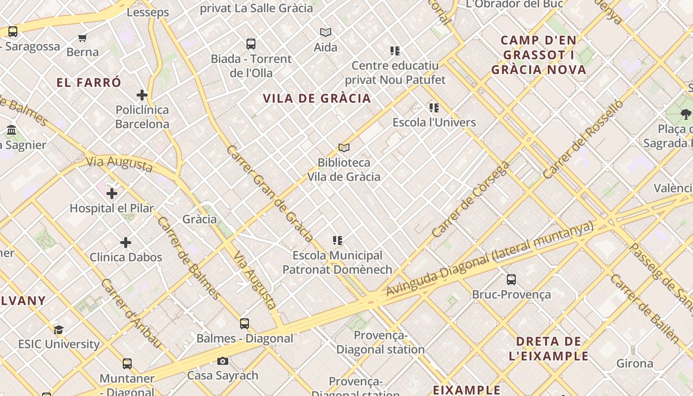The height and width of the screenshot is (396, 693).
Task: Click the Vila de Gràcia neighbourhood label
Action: pyautogui.click(x=317, y=98)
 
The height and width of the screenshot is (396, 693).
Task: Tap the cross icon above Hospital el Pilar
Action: pyautogui.click(x=112, y=193)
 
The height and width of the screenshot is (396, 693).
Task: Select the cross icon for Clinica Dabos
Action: pyautogui.click(x=126, y=243)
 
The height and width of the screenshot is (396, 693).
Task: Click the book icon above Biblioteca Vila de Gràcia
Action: pyautogui.click(x=344, y=148)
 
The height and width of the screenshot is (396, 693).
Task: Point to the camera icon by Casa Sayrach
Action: pyautogui.click(x=223, y=361)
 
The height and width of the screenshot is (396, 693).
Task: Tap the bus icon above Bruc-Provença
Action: pyautogui.click(x=511, y=280)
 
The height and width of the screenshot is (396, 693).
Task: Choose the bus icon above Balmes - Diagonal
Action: pyautogui.click(x=245, y=324)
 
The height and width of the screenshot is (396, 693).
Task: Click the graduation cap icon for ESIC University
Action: pyautogui.click(x=58, y=330)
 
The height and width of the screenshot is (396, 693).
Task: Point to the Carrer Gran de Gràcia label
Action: pyautogui.click(x=269, y=193)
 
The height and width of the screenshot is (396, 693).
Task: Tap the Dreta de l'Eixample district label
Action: pyautogui.click(x=548, y=348)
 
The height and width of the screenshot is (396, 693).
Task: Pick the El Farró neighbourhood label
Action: pyautogui.click(x=89, y=82)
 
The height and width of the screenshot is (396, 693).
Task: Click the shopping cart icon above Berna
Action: pyautogui.click(x=83, y=38)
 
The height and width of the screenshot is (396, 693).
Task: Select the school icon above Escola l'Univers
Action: pyautogui.click(x=434, y=108)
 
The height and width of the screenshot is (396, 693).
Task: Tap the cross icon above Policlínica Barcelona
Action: pyautogui.click(x=142, y=95)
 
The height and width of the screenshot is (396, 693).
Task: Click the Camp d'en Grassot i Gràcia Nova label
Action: pyautogui.click(x=539, y=54)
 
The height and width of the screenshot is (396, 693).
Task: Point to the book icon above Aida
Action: pyautogui.click(x=325, y=33)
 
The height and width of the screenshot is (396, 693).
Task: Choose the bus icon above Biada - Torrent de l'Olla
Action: pyautogui.click(x=251, y=44)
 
